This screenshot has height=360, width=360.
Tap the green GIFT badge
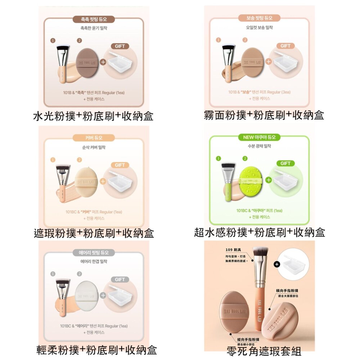click(285, 163)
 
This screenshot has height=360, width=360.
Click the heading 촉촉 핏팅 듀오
click(94, 19)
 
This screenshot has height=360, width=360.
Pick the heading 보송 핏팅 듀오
click(259, 18)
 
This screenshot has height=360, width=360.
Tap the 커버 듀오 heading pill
click(94, 138)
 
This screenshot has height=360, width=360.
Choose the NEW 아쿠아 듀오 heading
click(259, 137)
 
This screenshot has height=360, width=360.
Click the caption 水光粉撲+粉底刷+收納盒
click(93, 116)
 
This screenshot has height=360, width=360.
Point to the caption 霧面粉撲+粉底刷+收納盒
click(264, 115)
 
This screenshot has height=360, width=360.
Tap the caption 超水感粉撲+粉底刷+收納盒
click(259, 233)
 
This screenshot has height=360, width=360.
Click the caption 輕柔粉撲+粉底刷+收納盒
click(97, 350)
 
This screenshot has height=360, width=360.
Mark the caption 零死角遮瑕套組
click(264, 350)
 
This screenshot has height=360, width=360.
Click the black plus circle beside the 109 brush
click(276, 264)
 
